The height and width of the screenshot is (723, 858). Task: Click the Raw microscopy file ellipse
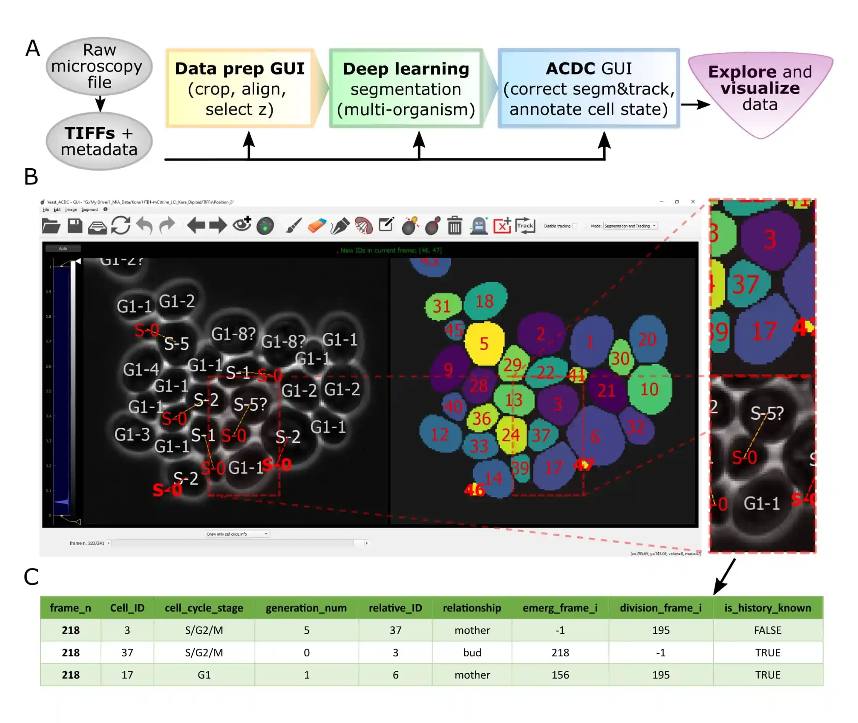99,66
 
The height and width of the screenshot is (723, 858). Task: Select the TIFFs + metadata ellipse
99,141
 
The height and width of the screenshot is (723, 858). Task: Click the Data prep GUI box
240,88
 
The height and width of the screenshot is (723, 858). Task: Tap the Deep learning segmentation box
406,88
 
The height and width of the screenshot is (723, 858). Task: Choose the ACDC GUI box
588,88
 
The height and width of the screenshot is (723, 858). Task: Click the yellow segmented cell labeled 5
484,344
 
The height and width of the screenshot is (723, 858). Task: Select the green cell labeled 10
650,389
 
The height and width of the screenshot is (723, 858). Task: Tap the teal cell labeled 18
485,301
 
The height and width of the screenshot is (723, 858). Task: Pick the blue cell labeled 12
439,434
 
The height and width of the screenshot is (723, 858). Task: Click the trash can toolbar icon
454,225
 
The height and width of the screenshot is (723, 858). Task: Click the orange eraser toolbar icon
317,225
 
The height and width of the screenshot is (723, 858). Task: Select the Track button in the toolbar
525,225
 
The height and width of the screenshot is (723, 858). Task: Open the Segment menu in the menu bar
89,210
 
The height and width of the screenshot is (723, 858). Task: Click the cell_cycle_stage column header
204,608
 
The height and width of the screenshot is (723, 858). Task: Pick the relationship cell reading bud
472,653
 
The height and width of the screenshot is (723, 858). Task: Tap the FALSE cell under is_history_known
767,630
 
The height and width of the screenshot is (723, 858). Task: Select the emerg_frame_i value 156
560,675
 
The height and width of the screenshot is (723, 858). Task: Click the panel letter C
31,577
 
